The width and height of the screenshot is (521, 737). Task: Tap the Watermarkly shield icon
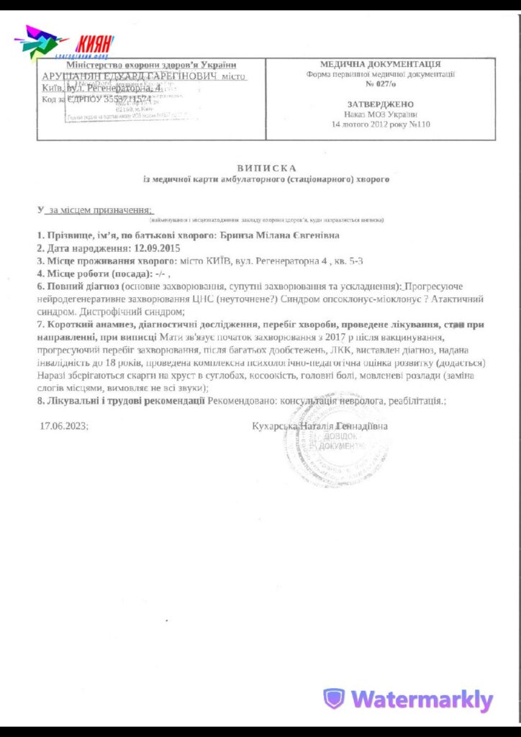coord(333,698)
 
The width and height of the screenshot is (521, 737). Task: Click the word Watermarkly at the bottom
coord(422,700)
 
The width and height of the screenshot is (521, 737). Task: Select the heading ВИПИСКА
coord(266,168)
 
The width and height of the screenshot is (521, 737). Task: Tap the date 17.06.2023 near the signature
coord(64,426)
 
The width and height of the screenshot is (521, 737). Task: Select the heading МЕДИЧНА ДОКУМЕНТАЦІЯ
coord(381,64)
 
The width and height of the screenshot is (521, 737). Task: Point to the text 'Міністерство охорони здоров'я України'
coord(148,65)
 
